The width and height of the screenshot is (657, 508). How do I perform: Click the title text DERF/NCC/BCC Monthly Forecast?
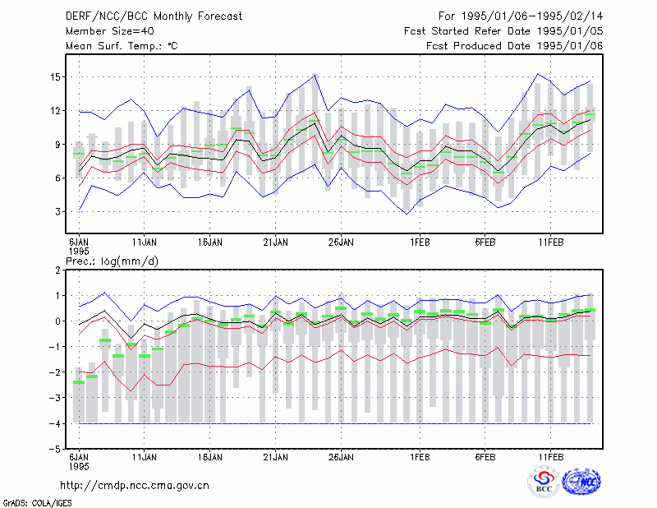154,16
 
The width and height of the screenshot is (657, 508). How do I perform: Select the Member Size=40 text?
110,31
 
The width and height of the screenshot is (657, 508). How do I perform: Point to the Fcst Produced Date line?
515,46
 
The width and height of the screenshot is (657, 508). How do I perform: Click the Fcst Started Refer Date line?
503,31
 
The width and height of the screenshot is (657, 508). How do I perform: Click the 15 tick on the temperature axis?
55,77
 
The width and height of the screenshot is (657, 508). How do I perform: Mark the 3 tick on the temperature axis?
57,212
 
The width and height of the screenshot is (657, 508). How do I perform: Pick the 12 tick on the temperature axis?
55,111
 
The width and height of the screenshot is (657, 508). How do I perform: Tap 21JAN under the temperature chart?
276,242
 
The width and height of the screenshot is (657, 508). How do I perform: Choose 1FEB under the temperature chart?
420,242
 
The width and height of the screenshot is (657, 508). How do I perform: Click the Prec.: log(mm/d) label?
112,261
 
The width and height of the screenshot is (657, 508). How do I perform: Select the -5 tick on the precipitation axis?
55,450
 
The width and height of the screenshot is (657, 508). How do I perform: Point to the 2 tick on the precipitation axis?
57,270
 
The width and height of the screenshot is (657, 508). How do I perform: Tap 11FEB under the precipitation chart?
551,457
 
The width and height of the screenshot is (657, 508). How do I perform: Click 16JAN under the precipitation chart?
210,457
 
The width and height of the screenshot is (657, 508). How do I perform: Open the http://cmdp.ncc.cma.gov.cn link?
135,486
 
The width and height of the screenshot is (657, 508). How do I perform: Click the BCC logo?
544,482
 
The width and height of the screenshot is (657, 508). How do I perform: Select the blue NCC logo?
581,482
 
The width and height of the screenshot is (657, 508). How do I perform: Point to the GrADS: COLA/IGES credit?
37,503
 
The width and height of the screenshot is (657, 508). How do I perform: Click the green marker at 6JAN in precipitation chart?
79,382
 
